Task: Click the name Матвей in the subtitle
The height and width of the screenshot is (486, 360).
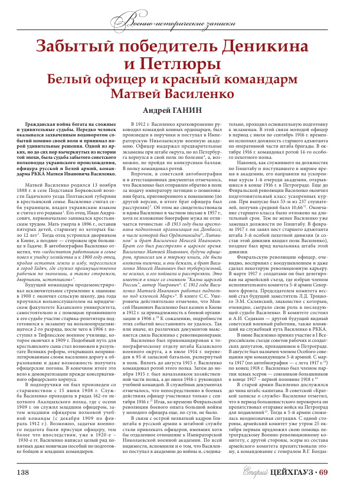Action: pos(145,93)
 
